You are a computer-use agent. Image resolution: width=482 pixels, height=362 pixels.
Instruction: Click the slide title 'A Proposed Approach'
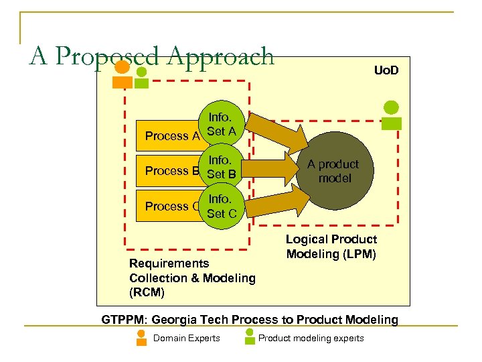[152, 56]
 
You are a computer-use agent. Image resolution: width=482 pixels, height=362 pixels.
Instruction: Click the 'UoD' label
[386, 69]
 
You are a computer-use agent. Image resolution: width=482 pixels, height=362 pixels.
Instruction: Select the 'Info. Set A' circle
[222, 125]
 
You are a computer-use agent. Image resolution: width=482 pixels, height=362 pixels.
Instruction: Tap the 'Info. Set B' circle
[222, 168]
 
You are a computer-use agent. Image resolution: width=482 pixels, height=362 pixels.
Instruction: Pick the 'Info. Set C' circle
[222, 206]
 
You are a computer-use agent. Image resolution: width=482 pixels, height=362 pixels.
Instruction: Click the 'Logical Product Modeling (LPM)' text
[331, 247]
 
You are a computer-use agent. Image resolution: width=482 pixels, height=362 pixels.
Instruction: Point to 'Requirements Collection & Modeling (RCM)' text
[192, 278]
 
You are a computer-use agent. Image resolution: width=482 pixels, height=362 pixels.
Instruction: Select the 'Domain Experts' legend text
[186, 338]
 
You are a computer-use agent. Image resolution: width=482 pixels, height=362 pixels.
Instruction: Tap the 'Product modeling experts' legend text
[311, 338]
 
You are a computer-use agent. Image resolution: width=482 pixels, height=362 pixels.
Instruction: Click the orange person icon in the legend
[141, 337]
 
